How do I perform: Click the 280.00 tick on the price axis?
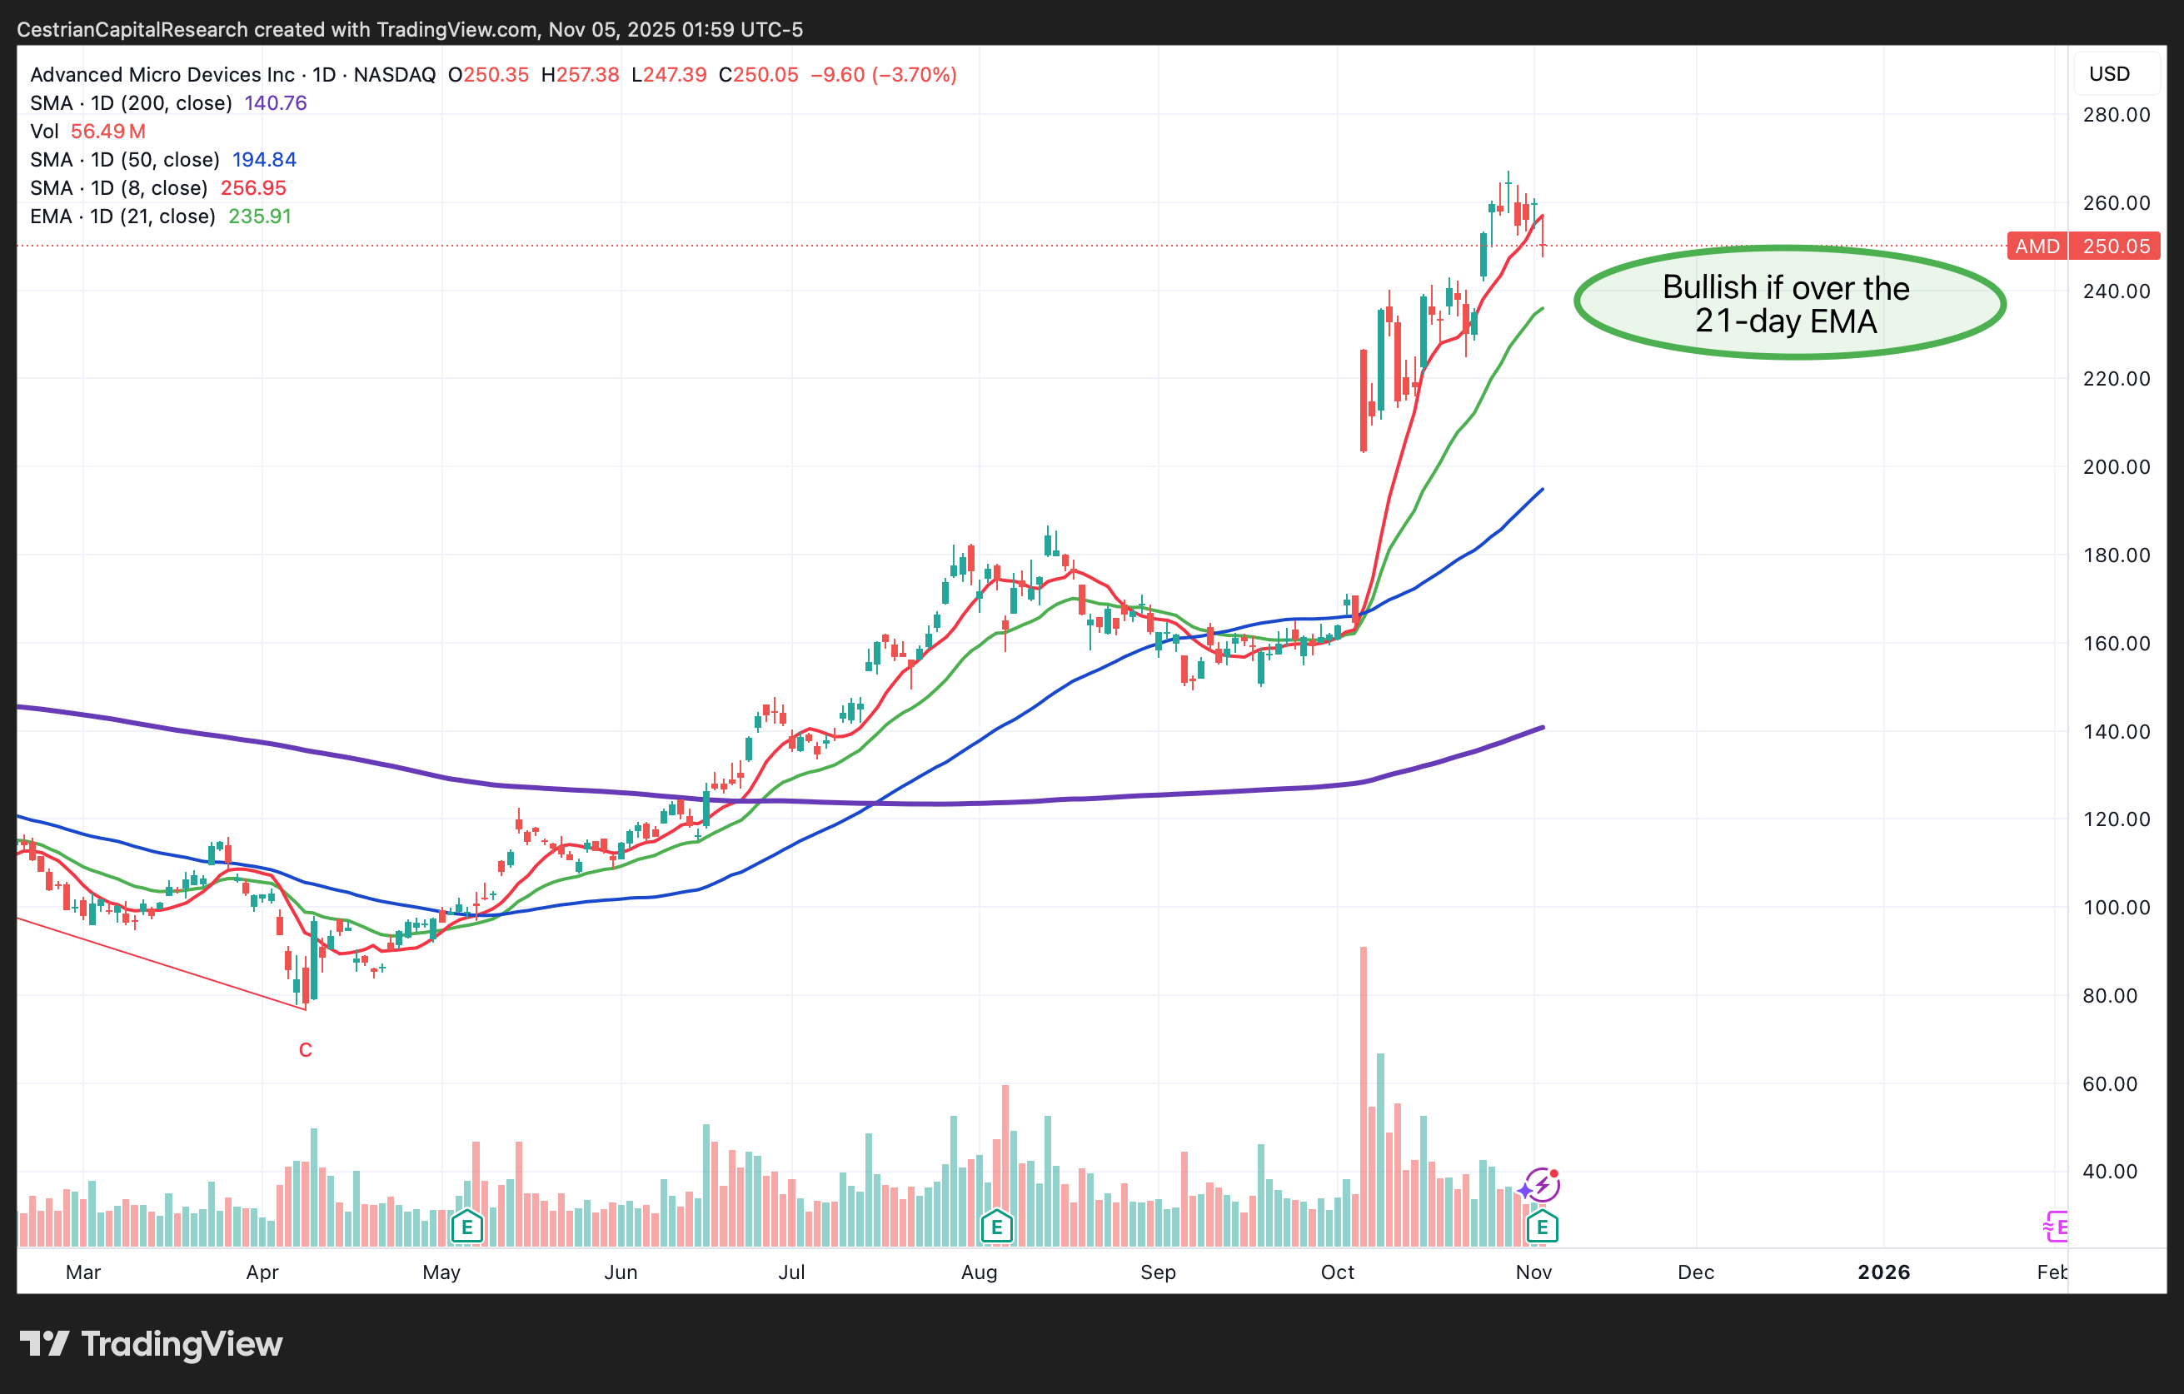click(x=2115, y=114)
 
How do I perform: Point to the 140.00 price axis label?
click(x=2115, y=731)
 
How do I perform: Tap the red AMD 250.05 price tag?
click(x=2083, y=246)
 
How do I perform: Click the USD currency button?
click(x=2109, y=73)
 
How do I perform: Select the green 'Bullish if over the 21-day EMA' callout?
click(x=1788, y=303)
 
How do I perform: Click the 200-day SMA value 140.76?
click(x=276, y=102)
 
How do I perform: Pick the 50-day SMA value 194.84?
click(x=264, y=160)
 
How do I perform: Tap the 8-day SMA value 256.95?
click(x=253, y=187)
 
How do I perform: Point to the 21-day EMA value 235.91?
click(x=259, y=216)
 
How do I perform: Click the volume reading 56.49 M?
click(x=108, y=131)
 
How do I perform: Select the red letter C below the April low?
click(x=306, y=1049)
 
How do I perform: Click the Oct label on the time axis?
click(x=1337, y=1272)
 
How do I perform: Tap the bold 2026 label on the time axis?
click(x=1882, y=1272)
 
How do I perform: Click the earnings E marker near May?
click(x=467, y=1227)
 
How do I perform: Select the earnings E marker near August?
click(x=996, y=1227)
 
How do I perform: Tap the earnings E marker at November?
click(x=1542, y=1227)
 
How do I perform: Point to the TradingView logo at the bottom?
click(x=152, y=1343)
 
